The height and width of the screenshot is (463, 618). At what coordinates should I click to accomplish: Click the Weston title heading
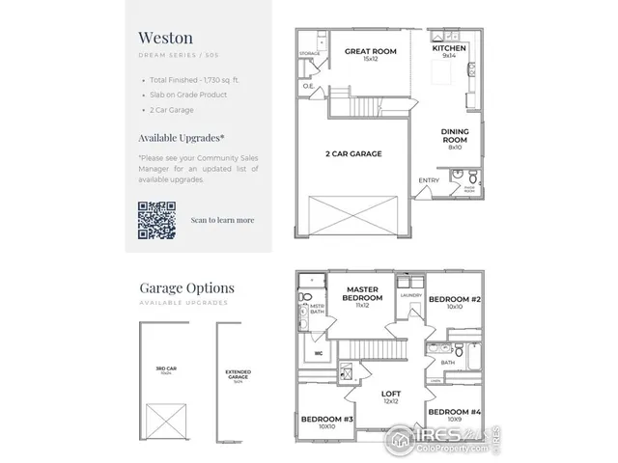click(166, 38)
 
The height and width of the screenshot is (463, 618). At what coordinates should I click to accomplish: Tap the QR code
click(155, 219)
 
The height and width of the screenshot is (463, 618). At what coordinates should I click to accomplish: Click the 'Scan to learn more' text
click(222, 220)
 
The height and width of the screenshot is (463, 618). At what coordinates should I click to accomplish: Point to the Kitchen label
click(449, 48)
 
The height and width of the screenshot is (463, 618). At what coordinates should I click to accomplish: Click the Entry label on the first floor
click(428, 180)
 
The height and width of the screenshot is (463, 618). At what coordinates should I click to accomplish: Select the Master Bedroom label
click(362, 293)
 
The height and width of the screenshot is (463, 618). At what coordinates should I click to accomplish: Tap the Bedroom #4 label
click(454, 412)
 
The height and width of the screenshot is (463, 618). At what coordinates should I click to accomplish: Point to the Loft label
click(390, 395)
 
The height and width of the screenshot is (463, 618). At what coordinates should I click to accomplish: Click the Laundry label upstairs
click(408, 296)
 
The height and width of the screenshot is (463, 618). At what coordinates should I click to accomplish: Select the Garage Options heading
click(186, 287)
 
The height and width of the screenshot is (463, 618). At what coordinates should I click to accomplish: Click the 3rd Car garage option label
click(162, 368)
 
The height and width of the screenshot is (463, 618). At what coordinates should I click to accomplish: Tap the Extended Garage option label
click(238, 375)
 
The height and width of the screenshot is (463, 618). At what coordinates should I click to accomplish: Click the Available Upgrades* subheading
click(182, 138)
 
